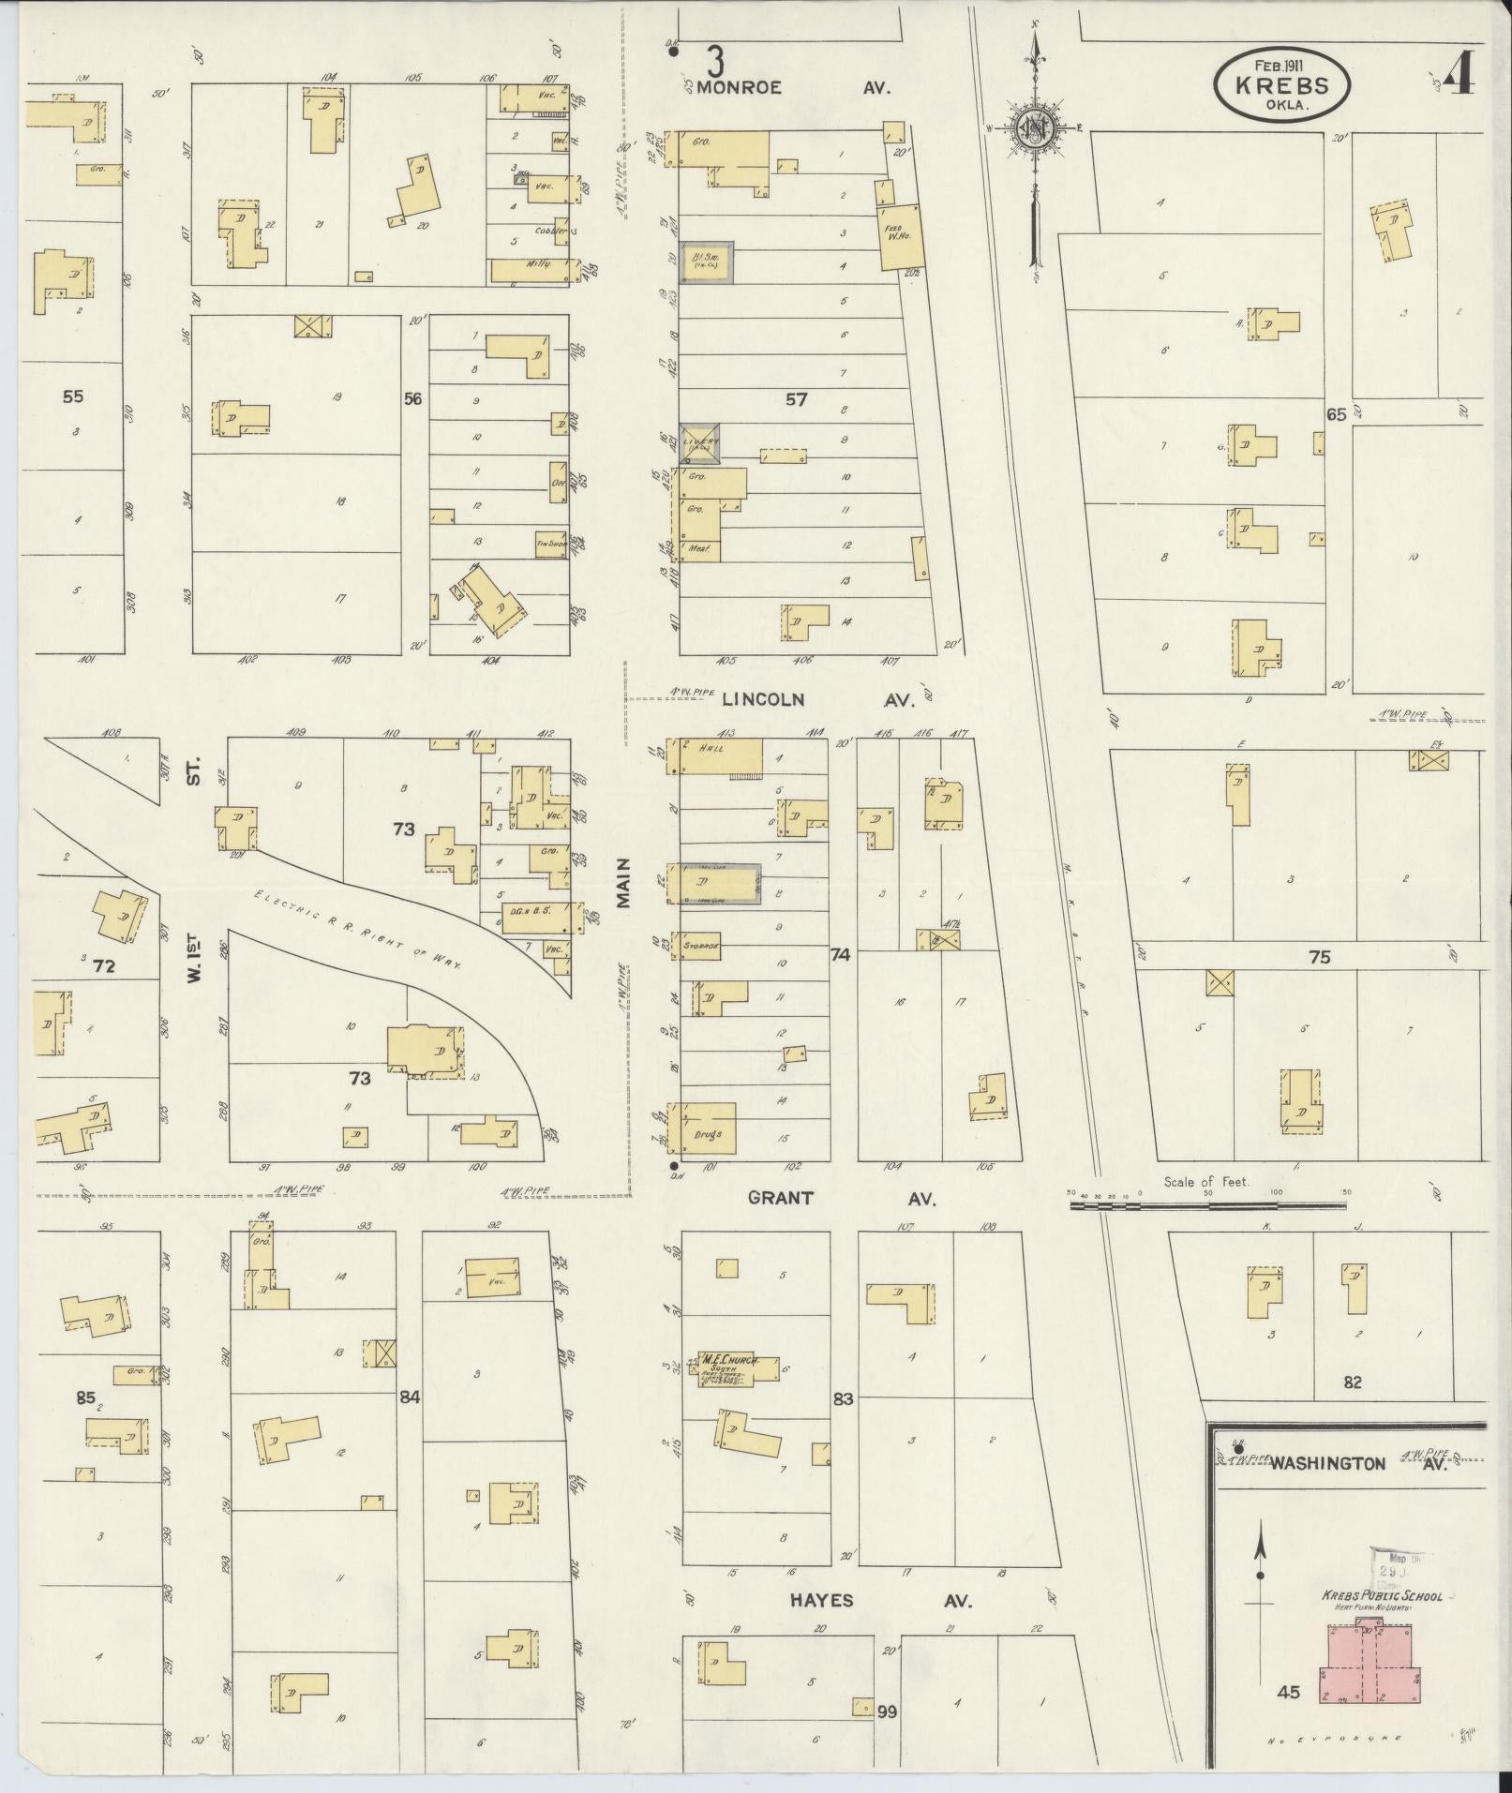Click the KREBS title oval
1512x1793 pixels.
pos(1281,85)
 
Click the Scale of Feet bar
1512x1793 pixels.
pos(1208,1208)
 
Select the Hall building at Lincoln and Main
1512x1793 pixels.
pos(719,756)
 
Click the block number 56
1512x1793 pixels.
pos(412,399)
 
